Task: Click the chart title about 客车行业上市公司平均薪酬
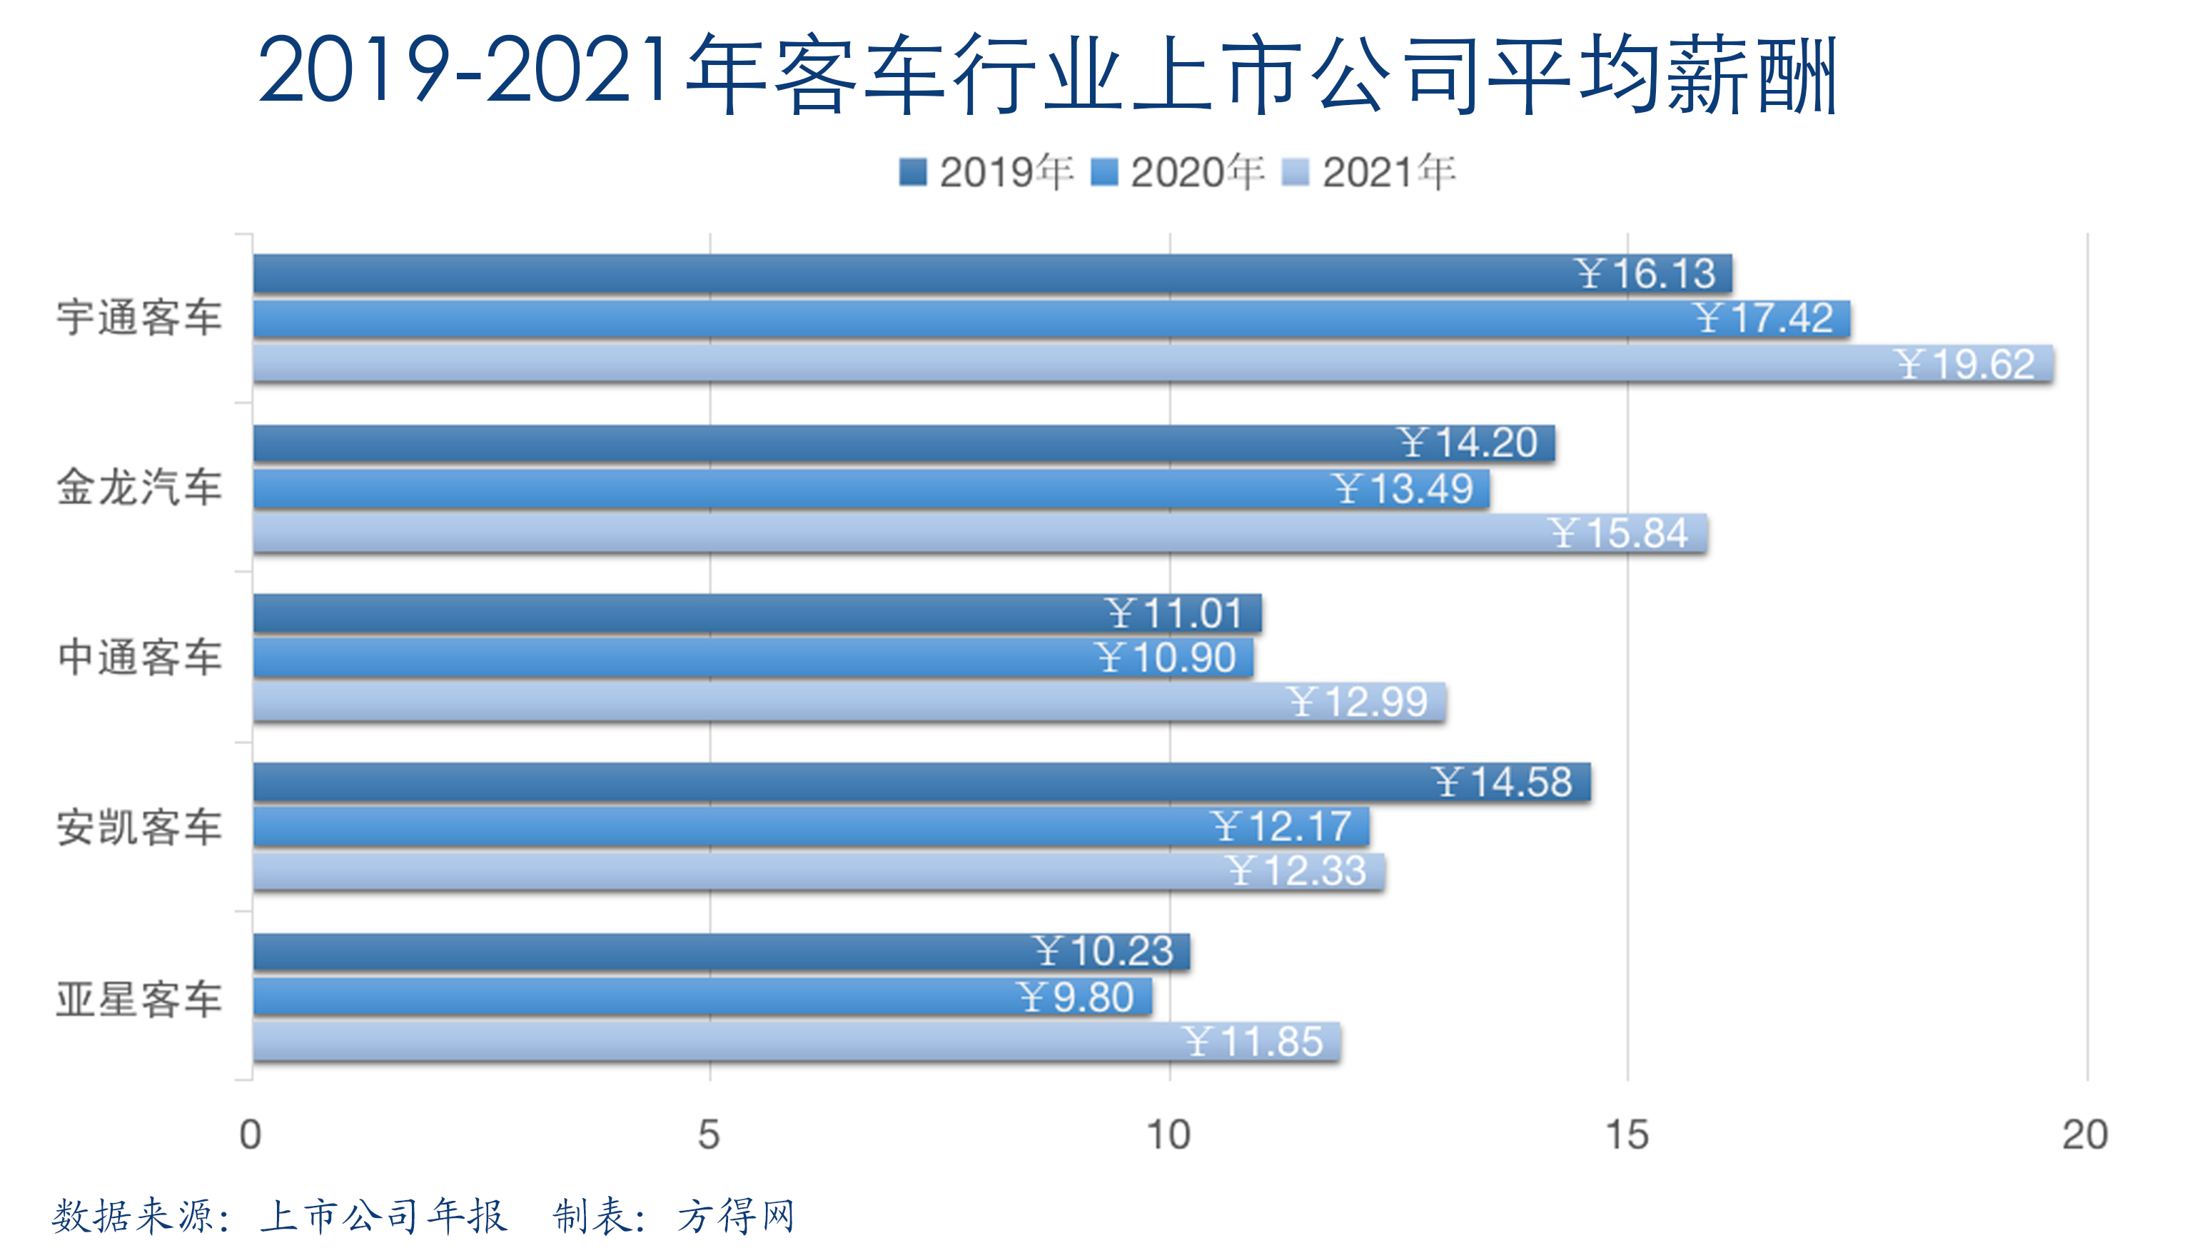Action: click(x=1047, y=74)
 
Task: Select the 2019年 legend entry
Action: click(x=987, y=172)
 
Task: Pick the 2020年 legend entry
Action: click(x=1179, y=172)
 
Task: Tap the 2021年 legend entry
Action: click(x=1371, y=172)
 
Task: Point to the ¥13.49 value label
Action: click(x=1401, y=489)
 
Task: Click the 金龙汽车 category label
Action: click(x=139, y=488)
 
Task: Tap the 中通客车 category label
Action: click(x=139, y=658)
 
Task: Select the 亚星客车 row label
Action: click(x=139, y=999)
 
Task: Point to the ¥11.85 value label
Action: click(x=1253, y=1041)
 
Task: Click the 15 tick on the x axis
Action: click(x=1627, y=1134)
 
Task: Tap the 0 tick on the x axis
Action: click(x=251, y=1134)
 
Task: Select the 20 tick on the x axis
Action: click(x=2085, y=1134)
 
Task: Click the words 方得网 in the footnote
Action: click(x=736, y=1217)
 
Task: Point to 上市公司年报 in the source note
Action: click(x=383, y=1217)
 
